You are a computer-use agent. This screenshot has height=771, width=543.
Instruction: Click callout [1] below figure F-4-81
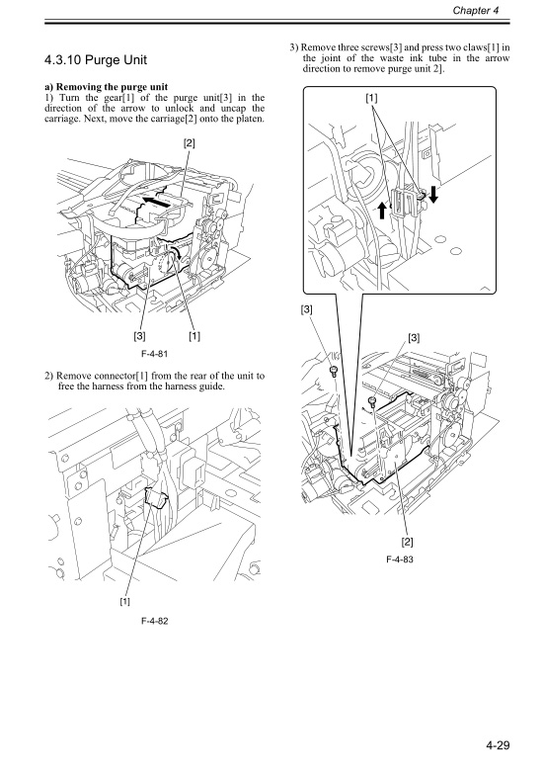point(194,334)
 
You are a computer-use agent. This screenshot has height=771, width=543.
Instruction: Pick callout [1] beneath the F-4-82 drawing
point(124,599)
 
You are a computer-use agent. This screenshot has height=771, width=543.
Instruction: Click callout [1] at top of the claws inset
point(370,99)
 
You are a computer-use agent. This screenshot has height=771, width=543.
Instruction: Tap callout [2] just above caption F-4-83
point(407,540)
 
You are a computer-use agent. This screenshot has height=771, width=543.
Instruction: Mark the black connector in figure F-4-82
point(154,500)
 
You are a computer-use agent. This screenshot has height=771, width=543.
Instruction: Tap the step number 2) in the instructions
point(48,377)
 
